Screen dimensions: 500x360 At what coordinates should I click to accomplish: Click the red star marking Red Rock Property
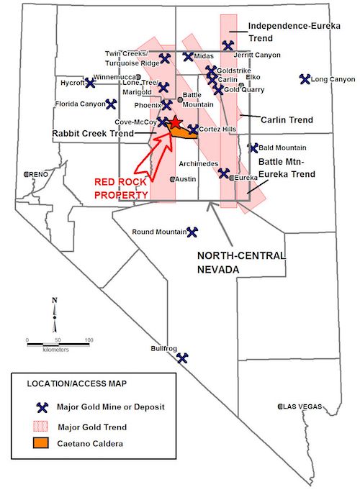pyautogui.click(x=175, y=123)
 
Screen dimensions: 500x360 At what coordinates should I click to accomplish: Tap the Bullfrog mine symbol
pyautogui.click(x=183, y=357)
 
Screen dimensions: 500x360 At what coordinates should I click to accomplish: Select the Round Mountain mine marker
pyautogui.click(x=192, y=232)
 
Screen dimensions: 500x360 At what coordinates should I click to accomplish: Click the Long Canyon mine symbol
pyautogui.click(x=305, y=78)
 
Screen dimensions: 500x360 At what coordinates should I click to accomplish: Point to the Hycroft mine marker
pyautogui.click(x=91, y=83)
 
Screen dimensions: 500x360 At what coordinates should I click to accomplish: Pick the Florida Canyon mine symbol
pyautogui.click(x=111, y=104)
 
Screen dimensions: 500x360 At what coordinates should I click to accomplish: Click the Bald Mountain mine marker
pyautogui.click(x=253, y=148)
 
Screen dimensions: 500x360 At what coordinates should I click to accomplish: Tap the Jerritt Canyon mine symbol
pyautogui.click(x=228, y=45)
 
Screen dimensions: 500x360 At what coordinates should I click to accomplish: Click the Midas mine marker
pyautogui.click(x=188, y=56)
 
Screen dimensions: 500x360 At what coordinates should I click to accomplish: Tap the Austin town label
pyautogui.click(x=186, y=178)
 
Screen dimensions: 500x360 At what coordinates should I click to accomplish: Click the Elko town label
pyautogui.click(x=253, y=77)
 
